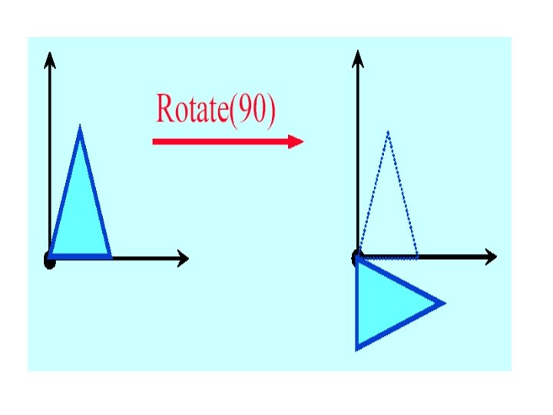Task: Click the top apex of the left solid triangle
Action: coord(80,128)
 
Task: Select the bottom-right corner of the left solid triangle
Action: coord(110,255)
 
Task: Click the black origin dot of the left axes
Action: coord(50,261)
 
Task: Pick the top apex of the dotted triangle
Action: coord(388,132)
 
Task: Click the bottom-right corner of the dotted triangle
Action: coord(417,256)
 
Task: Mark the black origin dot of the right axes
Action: coord(357,257)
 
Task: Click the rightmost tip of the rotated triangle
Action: coord(443,303)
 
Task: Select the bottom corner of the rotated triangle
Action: coord(357,348)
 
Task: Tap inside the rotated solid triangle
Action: coord(388,303)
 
